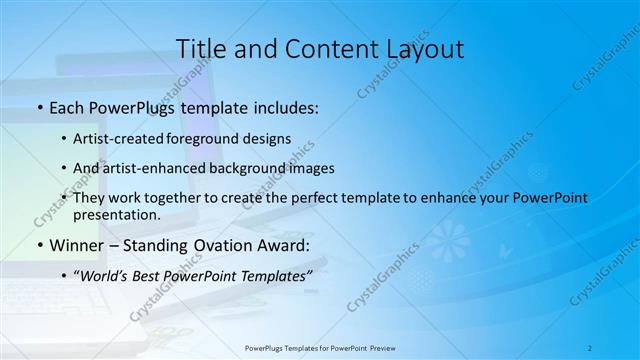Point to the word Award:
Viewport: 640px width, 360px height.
point(284,244)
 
